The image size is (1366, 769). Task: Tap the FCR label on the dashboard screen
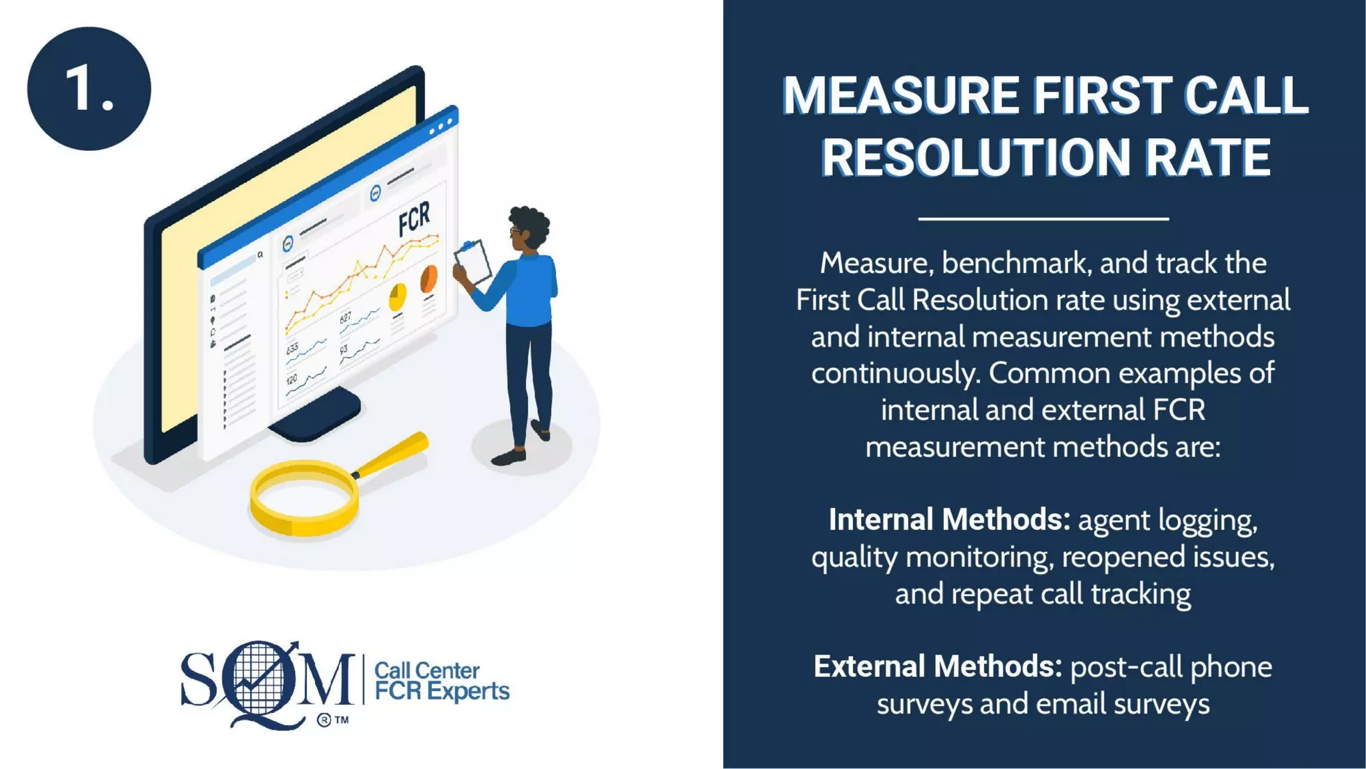click(x=414, y=218)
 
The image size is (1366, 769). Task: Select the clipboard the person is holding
click(x=473, y=262)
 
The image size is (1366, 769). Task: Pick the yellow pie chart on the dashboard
click(x=398, y=296)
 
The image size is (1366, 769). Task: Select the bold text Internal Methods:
click(x=949, y=519)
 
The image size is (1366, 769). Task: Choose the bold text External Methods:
click(x=937, y=666)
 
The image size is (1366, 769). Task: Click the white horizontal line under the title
click(x=1043, y=218)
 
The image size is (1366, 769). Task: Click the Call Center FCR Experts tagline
click(x=441, y=681)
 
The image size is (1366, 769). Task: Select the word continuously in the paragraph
click(x=895, y=373)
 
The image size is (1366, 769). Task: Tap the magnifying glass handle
click(x=394, y=454)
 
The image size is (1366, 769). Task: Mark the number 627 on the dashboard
click(x=346, y=318)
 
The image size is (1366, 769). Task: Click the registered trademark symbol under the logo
click(x=324, y=720)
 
